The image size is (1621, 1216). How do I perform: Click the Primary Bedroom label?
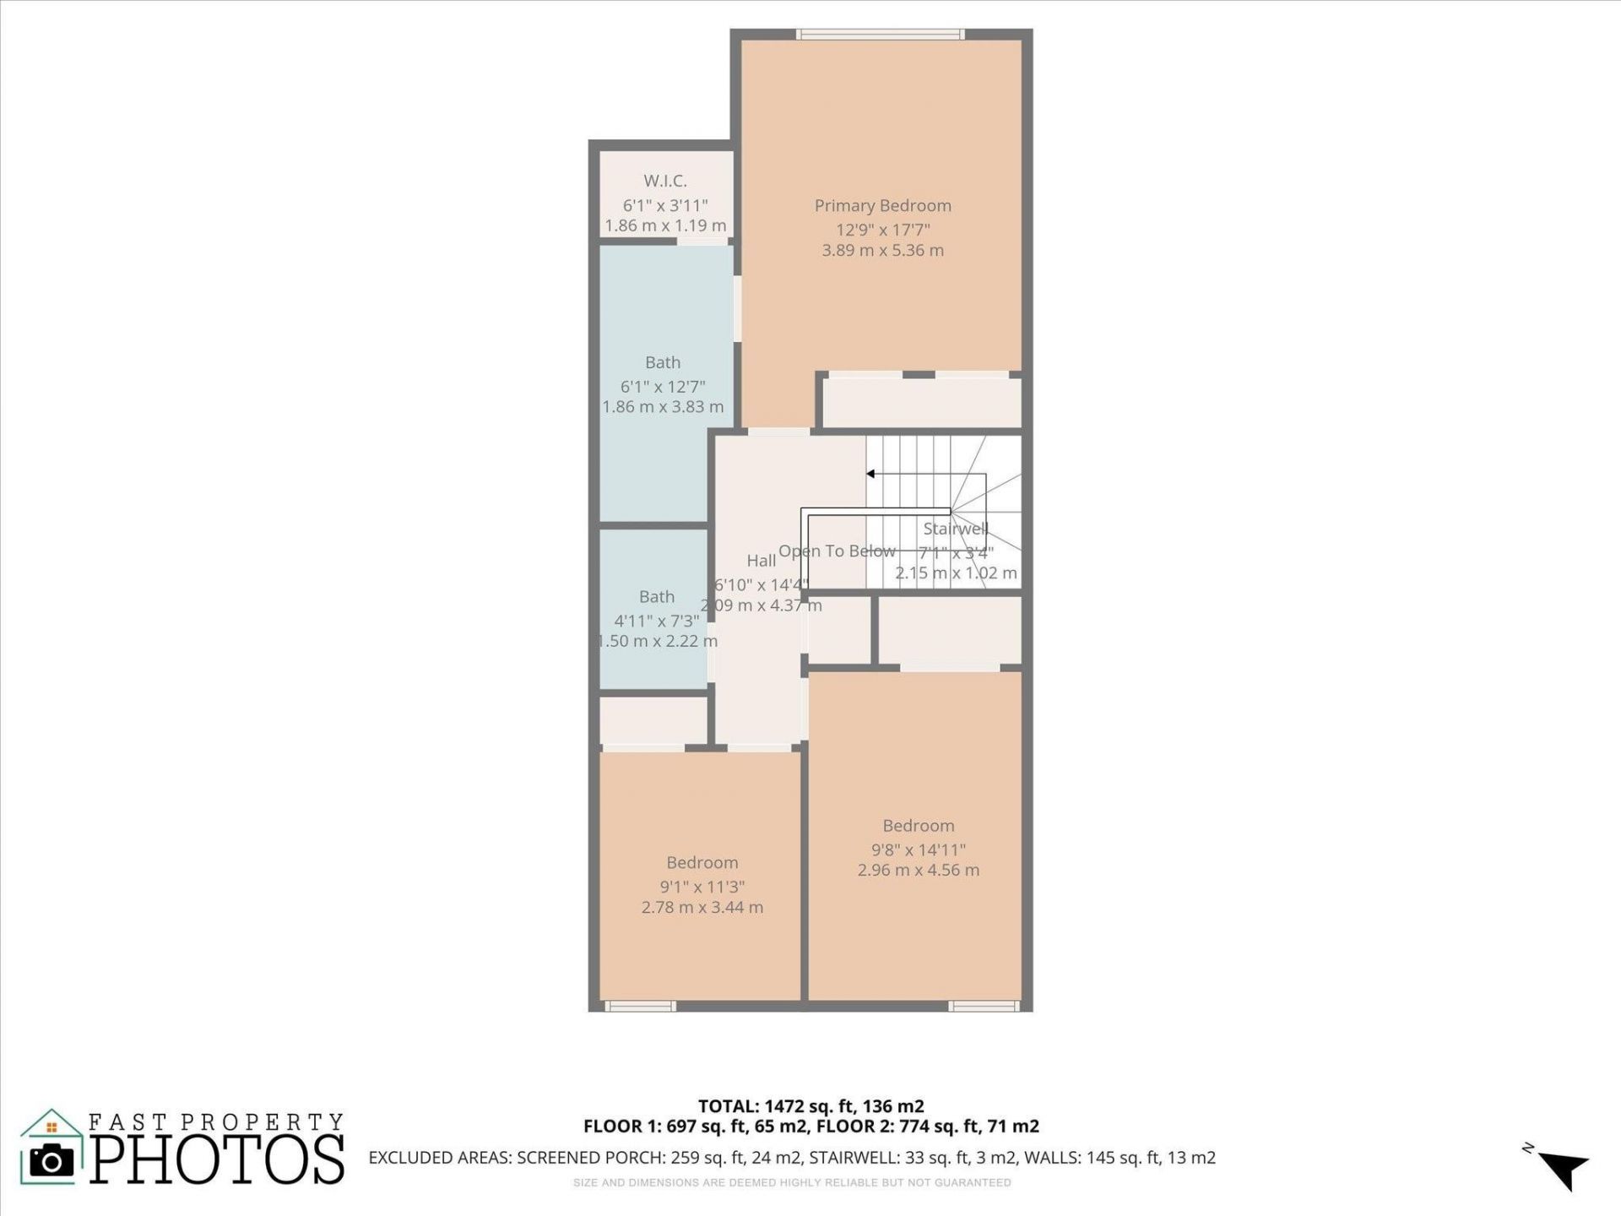(882, 205)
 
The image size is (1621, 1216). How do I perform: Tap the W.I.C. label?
(665, 181)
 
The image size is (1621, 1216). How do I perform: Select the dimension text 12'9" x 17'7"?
(882, 229)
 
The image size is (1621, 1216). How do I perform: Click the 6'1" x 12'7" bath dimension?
(663, 387)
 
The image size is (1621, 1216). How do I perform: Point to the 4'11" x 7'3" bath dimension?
(656, 621)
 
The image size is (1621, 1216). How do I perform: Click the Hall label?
(761, 561)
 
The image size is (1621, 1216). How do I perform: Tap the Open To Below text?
(837, 551)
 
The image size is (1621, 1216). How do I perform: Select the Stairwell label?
(955, 529)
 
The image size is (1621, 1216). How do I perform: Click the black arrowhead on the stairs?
(870, 474)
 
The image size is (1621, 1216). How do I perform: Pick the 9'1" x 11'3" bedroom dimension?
(702, 887)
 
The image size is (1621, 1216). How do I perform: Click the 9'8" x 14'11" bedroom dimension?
(919, 850)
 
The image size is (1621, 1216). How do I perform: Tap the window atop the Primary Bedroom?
(881, 35)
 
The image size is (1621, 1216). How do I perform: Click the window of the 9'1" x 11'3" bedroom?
(640, 1006)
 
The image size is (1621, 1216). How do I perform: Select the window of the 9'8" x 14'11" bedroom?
(984, 1006)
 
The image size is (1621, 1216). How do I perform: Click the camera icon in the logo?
(52, 1161)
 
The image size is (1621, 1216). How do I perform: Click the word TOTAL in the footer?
(727, 1106)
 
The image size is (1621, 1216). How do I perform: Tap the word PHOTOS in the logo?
(217, 1159)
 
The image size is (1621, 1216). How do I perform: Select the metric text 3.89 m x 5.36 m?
(882, 250)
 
